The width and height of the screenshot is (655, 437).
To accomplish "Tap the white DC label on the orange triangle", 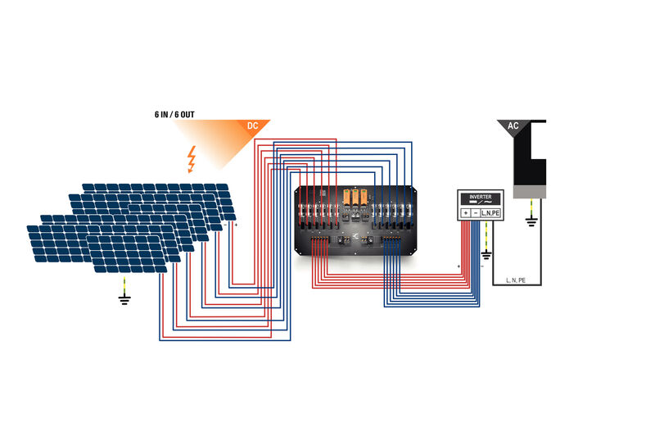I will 253,126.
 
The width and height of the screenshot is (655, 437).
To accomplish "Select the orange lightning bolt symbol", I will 192,159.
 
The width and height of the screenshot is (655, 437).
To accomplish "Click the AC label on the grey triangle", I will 513,126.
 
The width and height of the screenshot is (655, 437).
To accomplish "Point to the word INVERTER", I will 481,198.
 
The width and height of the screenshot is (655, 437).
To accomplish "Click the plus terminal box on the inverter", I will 466,213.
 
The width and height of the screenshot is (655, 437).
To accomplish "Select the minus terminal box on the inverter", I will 477,213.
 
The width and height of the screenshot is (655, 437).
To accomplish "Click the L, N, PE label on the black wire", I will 517,280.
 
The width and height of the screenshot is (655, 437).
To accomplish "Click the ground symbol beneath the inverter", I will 486,265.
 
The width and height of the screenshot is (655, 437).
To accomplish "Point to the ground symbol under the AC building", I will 531,221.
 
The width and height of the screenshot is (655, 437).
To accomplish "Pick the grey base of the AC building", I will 530,191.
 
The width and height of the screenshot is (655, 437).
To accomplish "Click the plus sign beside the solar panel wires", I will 236,224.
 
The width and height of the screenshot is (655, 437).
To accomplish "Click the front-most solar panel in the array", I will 127,252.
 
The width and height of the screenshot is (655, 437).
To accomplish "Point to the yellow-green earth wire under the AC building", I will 531,207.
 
